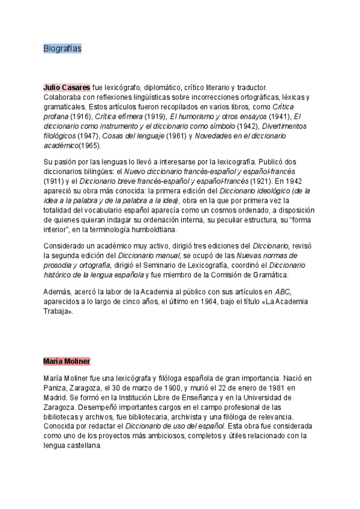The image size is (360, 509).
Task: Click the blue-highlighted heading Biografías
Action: tap(62, 49)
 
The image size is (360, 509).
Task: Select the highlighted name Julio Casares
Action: tap(67, 88)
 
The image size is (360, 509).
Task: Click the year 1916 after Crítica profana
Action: tap(79, 116)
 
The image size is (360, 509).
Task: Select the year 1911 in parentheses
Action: tap(55, 180)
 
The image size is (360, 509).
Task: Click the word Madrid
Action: tap(56, 398)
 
